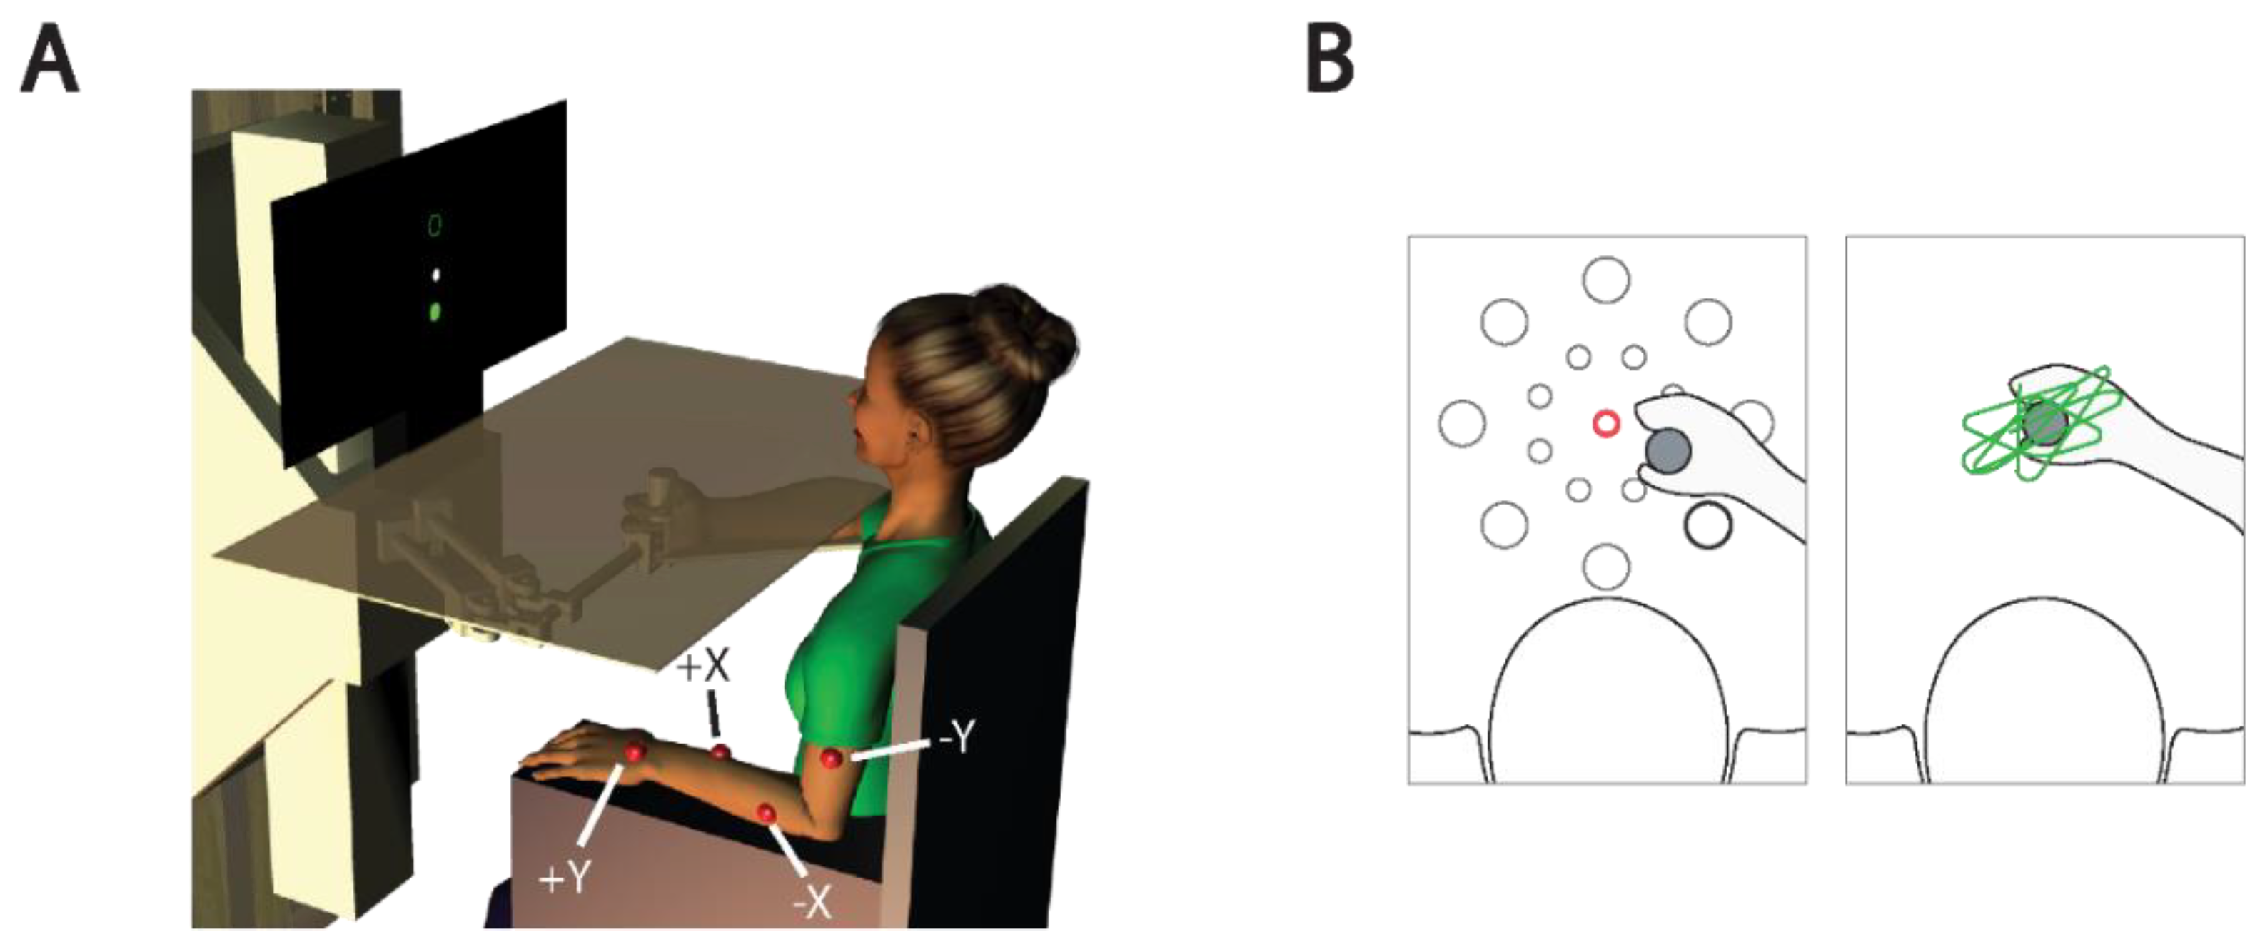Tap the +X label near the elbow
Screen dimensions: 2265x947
point(702,667)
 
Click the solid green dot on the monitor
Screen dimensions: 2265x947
point(434,310)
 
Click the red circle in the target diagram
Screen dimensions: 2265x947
point(1605,424)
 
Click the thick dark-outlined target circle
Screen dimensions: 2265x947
point(1707,525)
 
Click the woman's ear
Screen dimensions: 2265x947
point(919,431)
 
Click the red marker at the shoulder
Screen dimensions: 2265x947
point(830,758)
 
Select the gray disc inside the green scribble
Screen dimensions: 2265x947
point(2042,425)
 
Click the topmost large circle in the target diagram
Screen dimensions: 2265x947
point(1606,280)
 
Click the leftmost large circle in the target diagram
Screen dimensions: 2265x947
point(1462,423)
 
